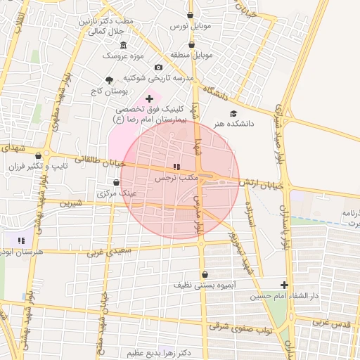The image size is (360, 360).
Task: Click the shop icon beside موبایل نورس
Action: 190,15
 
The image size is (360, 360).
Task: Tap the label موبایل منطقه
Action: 190,54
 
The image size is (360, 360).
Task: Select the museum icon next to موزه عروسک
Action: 124,45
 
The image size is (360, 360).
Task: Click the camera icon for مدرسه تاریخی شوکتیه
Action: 158,67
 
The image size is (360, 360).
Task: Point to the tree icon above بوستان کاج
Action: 108,80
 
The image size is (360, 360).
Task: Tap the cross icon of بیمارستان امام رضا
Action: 148,98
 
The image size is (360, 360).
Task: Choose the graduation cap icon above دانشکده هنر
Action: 233,113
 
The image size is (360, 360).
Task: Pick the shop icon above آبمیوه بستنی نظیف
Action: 205,275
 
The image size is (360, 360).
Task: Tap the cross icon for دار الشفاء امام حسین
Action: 284,285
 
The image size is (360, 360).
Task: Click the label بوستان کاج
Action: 108,91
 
